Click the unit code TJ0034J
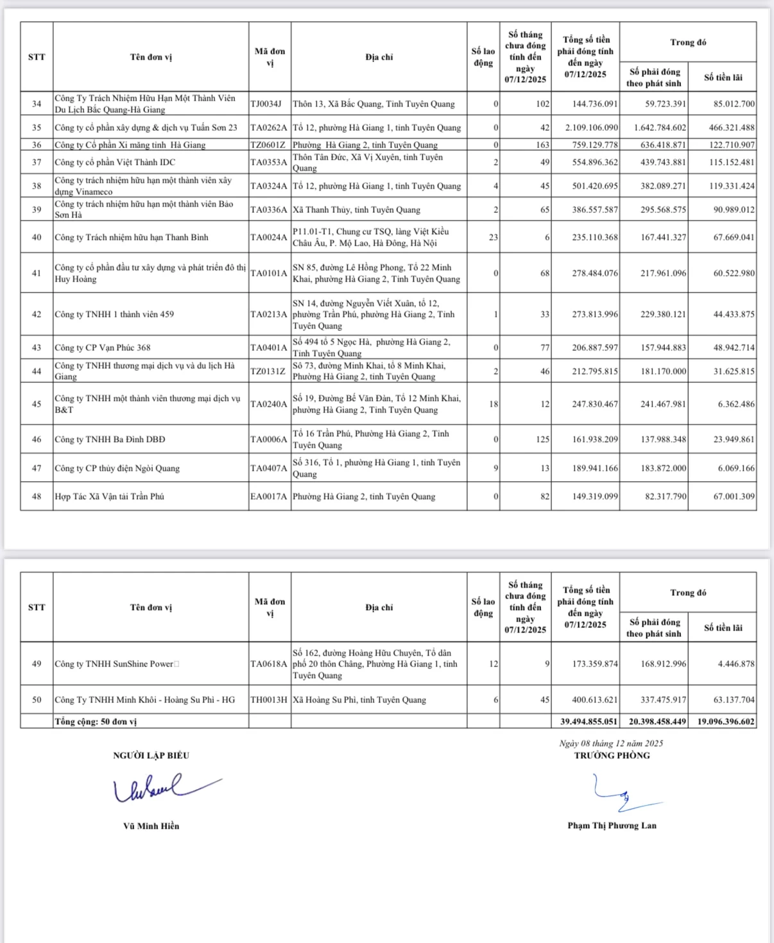pos(266,104)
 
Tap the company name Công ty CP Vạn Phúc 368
pos(103,348)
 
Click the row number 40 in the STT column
pos(37,237)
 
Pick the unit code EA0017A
pos(269,497)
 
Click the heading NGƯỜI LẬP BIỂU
pos(151,756)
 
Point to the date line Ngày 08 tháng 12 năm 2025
pos(611,743)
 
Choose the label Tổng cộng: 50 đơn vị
pos(96,722)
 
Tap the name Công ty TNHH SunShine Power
pos(114,664)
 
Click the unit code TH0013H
pos(269,700)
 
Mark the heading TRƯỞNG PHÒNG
pos(612,756)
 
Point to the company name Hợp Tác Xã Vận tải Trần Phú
pos(110,497)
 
